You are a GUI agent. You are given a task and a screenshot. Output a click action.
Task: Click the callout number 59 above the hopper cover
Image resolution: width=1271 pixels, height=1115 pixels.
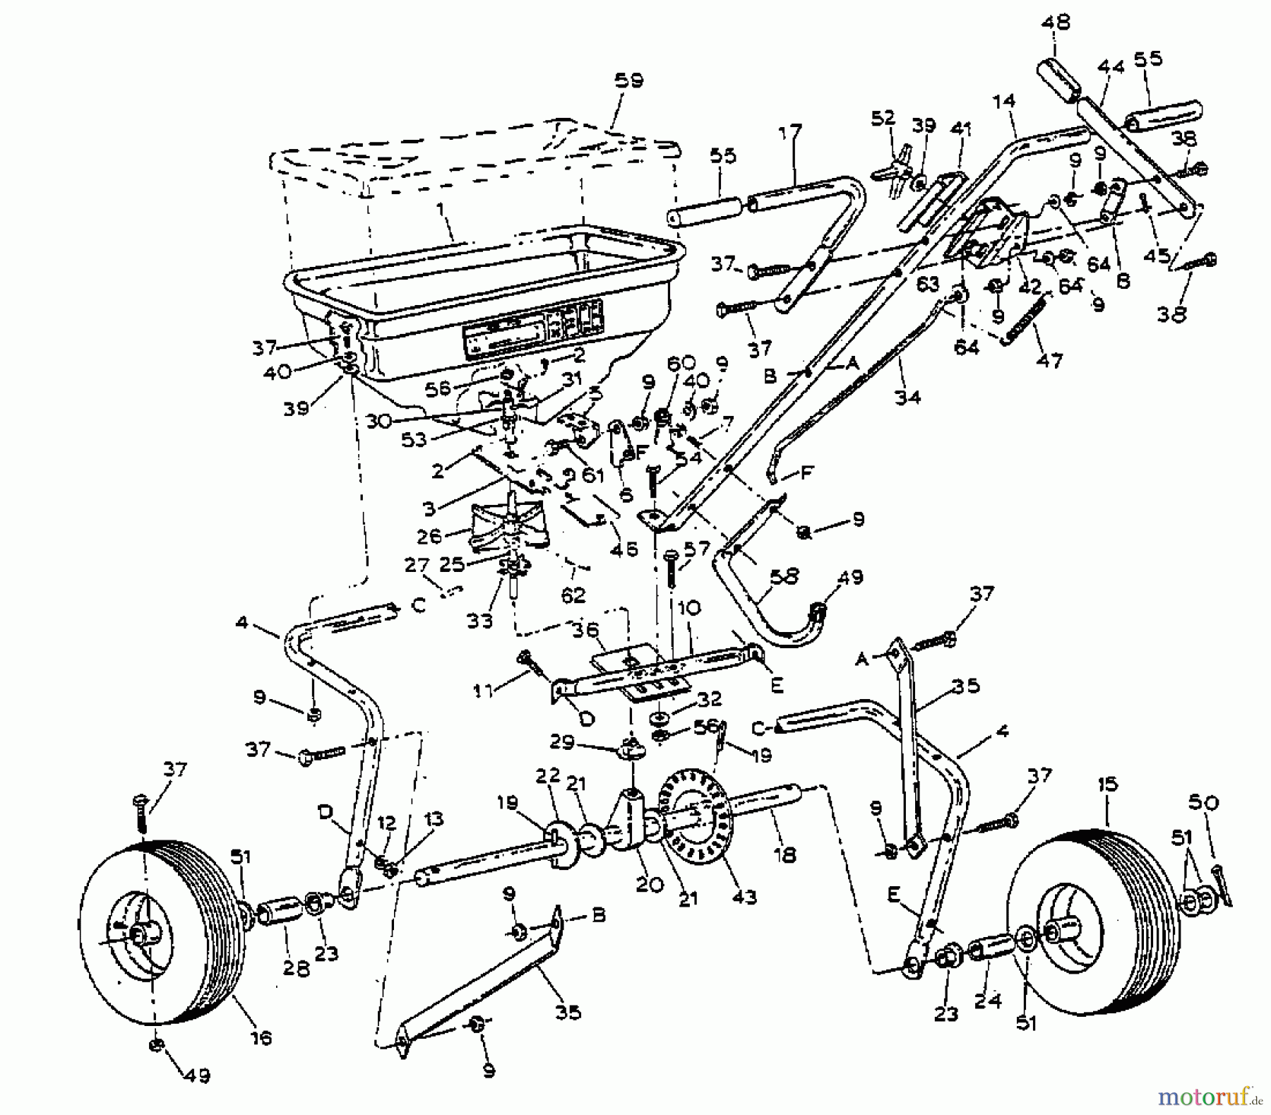(628, 81)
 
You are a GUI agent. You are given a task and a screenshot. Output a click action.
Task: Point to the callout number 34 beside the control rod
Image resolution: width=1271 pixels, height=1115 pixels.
(907, 397)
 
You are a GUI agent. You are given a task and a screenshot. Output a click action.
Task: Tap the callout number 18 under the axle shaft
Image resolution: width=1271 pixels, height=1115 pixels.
(784, 855)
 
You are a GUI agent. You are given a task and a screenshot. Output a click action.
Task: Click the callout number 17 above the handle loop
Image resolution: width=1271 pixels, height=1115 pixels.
(792, 132)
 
